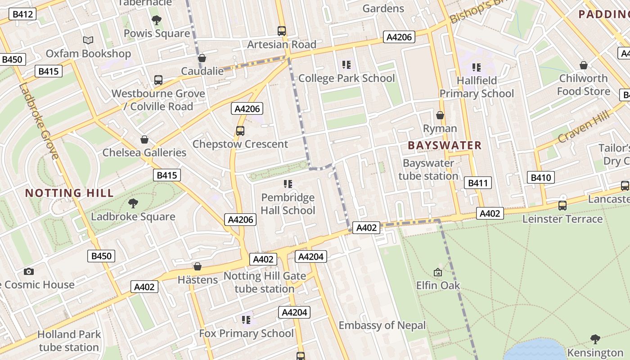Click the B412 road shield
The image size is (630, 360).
(x=22, y=14)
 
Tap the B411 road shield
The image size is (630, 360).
(x=478, y=183)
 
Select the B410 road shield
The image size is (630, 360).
(x=541, y=177)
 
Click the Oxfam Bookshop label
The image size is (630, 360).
(x=88, y=54)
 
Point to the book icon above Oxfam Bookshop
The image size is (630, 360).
(x=88, y=40)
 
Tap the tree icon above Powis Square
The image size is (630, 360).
(x=157, y=20)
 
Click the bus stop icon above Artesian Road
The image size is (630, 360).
(x=282, y=31)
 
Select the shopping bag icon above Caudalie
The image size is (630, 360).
(x=202, y=58)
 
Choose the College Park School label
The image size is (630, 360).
(x=346, y=78)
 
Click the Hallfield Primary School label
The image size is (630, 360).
(x=477, y=87)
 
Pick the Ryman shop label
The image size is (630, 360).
(x=440, y=129)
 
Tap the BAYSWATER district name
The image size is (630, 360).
(x=445, y=145)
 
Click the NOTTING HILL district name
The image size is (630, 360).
(x=69, y=193)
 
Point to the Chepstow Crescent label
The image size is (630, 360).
(x=240, y=144)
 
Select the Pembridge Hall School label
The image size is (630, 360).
(x=288, y=204)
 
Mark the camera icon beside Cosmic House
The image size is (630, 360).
(x=29, y=271)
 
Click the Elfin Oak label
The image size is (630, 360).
(x=438, y=285)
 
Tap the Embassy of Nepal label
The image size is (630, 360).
(x=382, y=325)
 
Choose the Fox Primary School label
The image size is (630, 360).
(x=246, y=333)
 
